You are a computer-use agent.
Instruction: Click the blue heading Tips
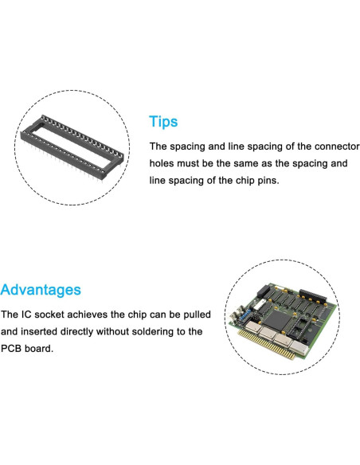click(163, 122)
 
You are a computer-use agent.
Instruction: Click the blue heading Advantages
click(41, 290)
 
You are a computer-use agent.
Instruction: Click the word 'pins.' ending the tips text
click(268, 181)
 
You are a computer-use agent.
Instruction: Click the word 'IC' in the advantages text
click(26, 315)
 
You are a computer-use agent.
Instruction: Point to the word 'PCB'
click(11, 349)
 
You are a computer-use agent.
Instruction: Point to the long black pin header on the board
click(312, 296)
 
